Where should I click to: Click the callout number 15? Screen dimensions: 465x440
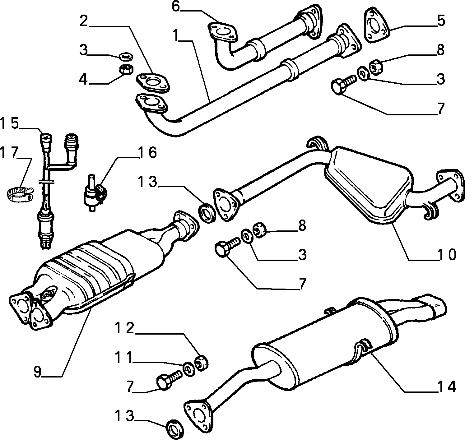[x=9, y=123]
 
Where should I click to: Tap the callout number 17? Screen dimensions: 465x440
[x=9, y=153]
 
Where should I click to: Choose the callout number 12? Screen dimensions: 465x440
[x=124, y=328]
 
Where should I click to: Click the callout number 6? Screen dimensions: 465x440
[x=176, y=7]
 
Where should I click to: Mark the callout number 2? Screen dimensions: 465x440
[x=84, y=21]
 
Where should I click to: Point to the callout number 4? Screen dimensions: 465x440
[x=83, y=79]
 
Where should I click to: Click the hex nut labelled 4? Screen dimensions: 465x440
[x=126, y=69]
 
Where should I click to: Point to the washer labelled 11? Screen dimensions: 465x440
[x=188, y=369]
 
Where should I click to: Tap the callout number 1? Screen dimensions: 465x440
[x=175, y=35]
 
